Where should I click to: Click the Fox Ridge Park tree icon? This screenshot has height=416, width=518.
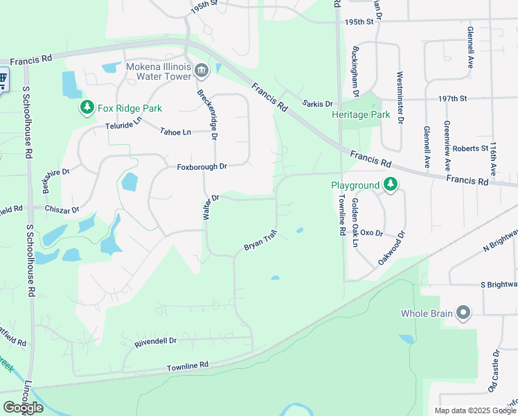(x=87, y=107)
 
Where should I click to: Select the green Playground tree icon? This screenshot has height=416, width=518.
(x=391, y=185)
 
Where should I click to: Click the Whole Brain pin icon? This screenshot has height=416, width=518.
(x=463, y=313)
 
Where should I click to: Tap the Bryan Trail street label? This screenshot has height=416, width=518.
(x=260, y=241)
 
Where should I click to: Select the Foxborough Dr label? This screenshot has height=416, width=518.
(x=202, y=167)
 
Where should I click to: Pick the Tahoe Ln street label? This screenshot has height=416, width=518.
(x=175, y=132)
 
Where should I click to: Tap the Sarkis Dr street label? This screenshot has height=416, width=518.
(x=318, y=104)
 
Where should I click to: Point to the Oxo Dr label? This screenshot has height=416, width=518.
(x=372, y=234)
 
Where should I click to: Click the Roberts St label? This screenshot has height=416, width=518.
(x=471, y=148)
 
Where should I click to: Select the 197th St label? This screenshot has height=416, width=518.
(x=452, y=99)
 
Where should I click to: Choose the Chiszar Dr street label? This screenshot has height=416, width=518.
(x=63, y=208)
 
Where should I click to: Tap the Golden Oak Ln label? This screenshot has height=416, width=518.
(x=355, y=223)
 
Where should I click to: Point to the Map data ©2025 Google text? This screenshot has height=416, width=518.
(x=475, y=410)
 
